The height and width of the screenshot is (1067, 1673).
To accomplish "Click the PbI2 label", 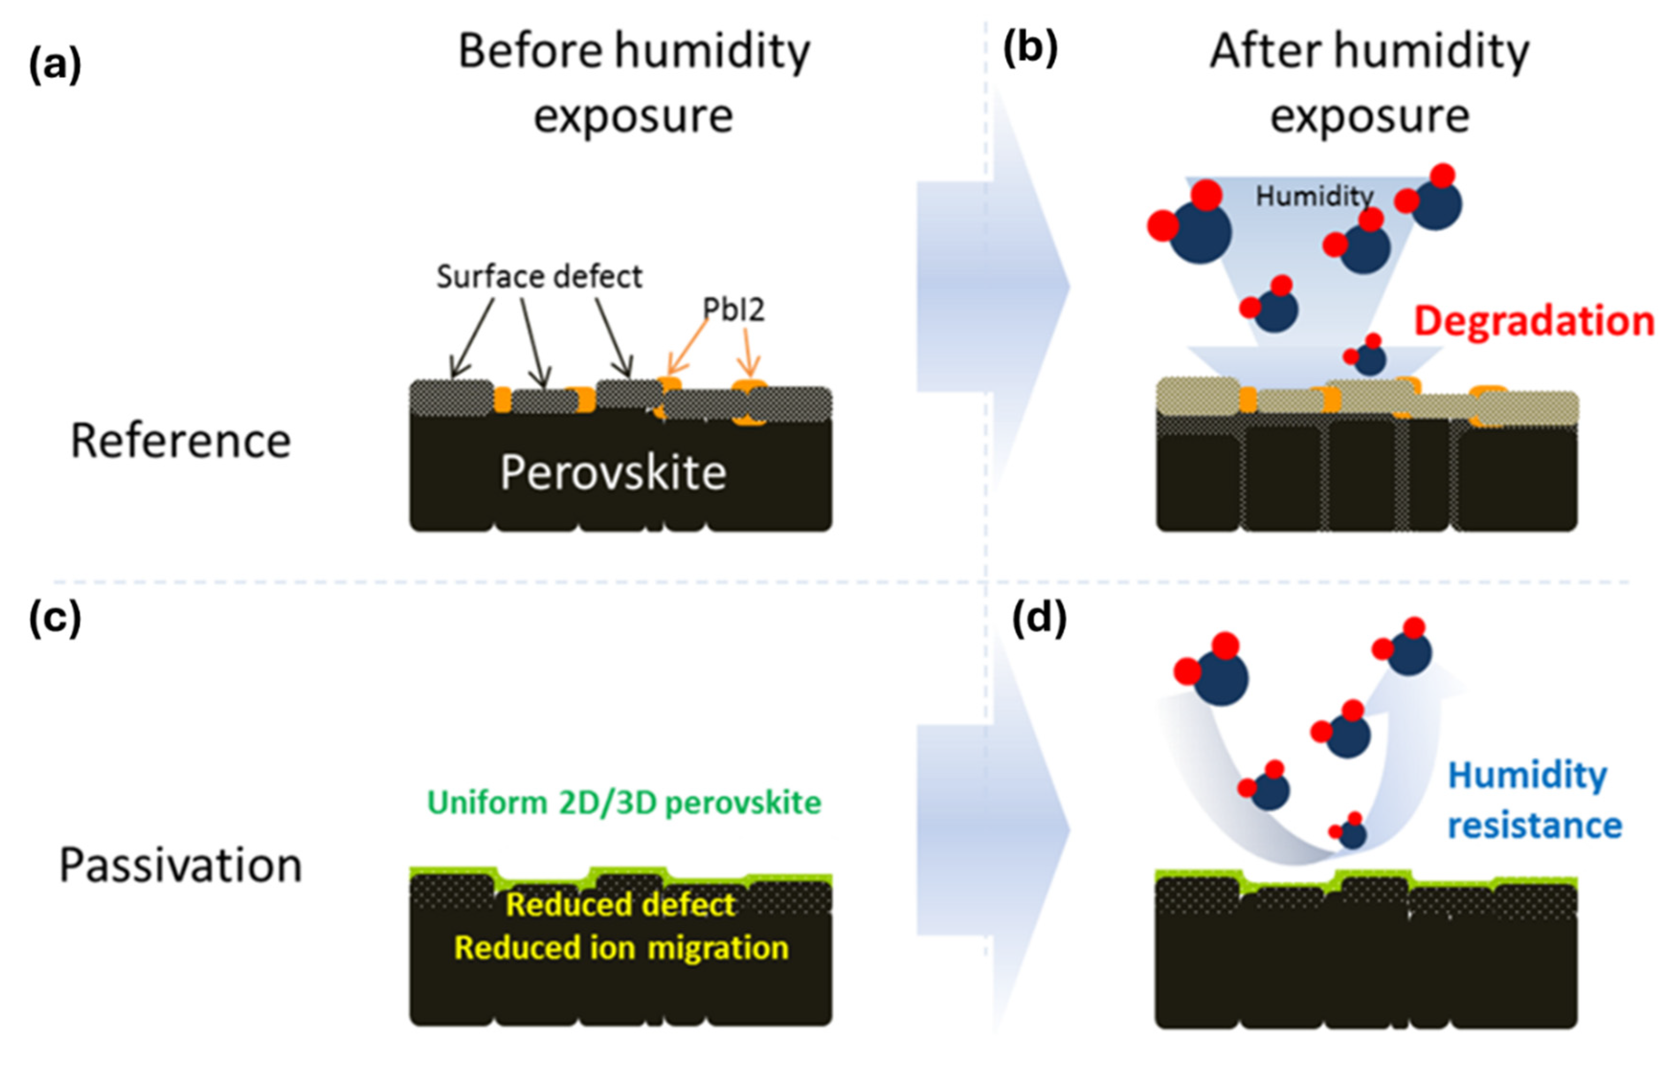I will (x=733, y=309).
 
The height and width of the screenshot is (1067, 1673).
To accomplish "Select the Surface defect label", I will (x=539, y=277).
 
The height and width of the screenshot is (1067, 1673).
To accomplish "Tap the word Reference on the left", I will (x=180, y=441).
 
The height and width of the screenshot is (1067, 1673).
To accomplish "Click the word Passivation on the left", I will (x=180, y=866).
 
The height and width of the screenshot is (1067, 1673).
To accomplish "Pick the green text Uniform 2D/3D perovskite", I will (x=624, y=803).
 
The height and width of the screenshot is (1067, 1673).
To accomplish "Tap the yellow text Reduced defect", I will (x=620, y=904).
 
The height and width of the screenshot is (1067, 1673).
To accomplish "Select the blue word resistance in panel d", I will (x=1535, y=826).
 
